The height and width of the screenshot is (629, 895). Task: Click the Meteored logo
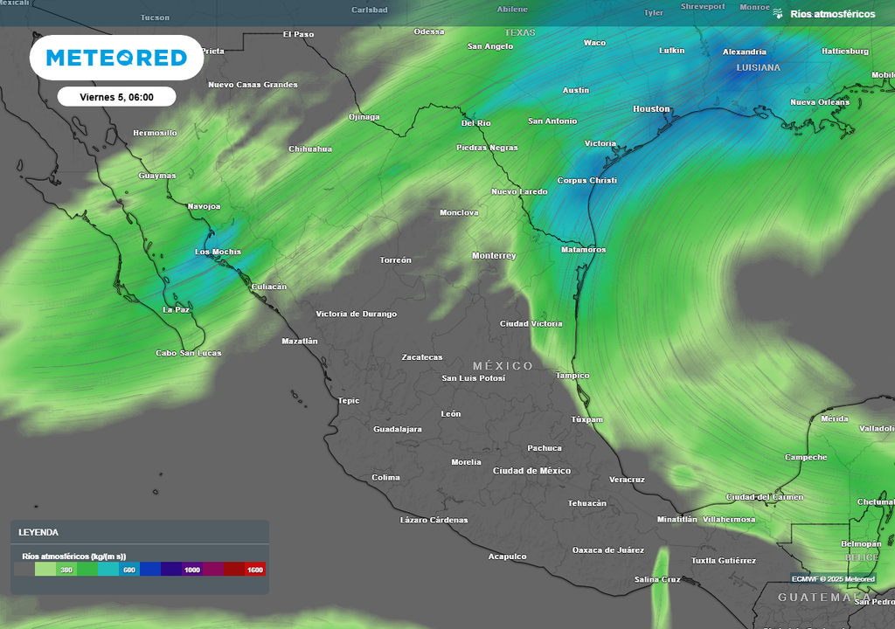coord(116,58)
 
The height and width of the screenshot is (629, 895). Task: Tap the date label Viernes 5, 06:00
coord(116,97)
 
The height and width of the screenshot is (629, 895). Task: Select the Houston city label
coord(651,109)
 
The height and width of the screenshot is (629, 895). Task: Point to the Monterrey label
coord(494,256)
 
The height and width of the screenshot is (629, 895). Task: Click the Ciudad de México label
coord(531,471)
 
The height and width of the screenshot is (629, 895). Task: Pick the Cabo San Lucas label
coord(188,353)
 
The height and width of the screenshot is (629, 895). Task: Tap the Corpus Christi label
coord(587,181)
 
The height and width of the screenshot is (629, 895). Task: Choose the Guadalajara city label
coord(398,429)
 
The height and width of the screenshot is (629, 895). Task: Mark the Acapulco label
coord(507,556)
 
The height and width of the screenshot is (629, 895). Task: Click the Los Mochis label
coord(217,252)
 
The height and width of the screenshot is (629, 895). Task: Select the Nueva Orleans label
coord(820,102)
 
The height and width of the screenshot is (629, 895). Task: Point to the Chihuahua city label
coord(310,149)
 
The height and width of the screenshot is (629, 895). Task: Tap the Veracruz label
coord(627,480)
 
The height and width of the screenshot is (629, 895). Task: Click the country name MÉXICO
coord(503,365)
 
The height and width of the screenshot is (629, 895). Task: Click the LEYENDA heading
coord(38,532)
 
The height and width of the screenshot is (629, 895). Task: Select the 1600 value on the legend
coord(255,570)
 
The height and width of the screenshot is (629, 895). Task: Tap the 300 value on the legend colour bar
coord(66,570)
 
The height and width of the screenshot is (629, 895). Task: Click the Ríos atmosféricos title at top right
coord(832,14)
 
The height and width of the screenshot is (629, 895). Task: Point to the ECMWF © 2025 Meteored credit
coord(833,578)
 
